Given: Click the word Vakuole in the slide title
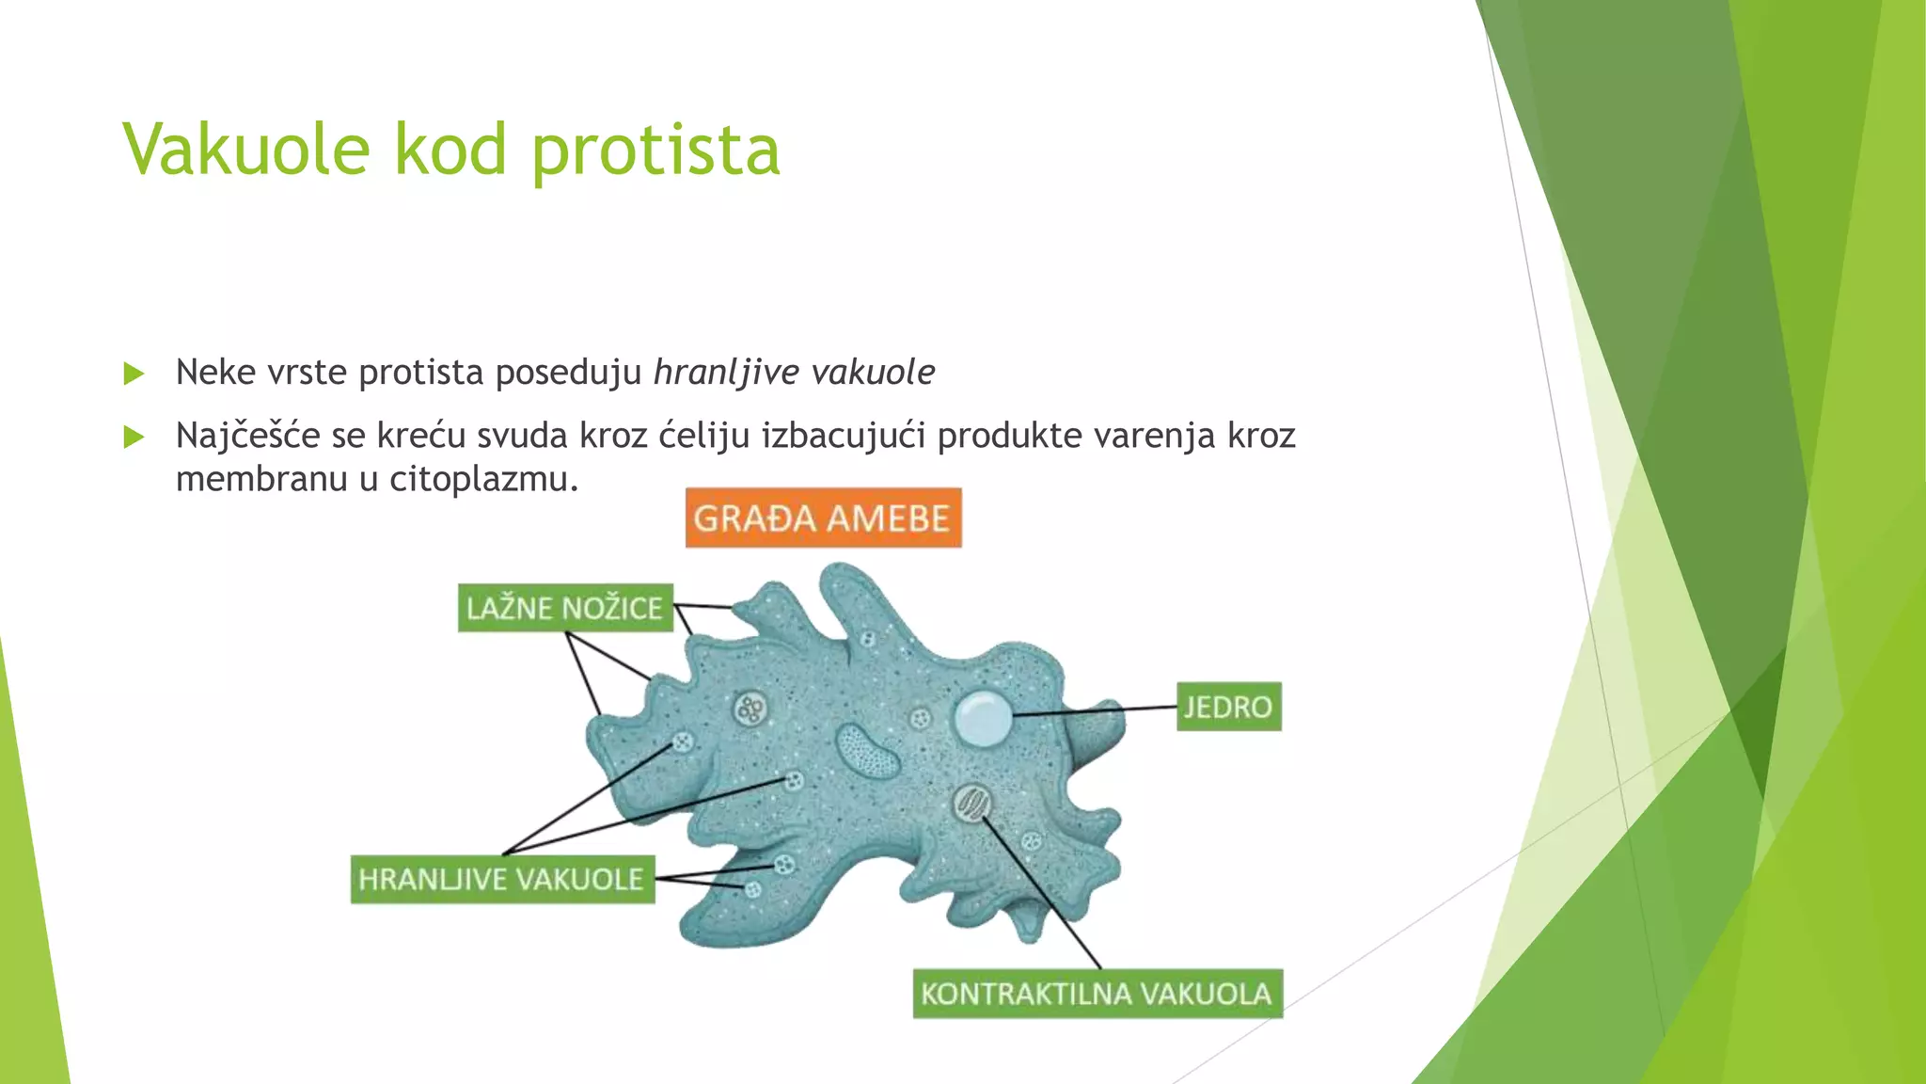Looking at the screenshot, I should (x=246, y=151).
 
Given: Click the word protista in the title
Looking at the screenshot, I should (x=655, y=151).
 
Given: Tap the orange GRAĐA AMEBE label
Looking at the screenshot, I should (x=823, y=518).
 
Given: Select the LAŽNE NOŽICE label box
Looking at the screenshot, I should (x=565, y=608).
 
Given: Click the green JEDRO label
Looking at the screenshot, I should (x=1228, y=707).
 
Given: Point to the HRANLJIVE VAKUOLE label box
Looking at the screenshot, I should (x=502, y=879).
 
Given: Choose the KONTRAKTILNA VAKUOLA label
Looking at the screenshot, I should (x=1097, y=994).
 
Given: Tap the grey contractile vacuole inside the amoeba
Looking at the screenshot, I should (x=971, y=803).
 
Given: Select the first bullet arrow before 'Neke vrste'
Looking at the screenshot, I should (x=134, y=374).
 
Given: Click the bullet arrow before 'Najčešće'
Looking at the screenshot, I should (x=134, y=437).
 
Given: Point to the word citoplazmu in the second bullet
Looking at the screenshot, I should (x=482, y=480).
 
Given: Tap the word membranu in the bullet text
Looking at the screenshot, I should (x=261, y=480).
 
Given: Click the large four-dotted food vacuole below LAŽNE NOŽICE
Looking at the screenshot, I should (x=750, y=709).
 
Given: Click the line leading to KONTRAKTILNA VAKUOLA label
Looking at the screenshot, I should (x=1044, y=889).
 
